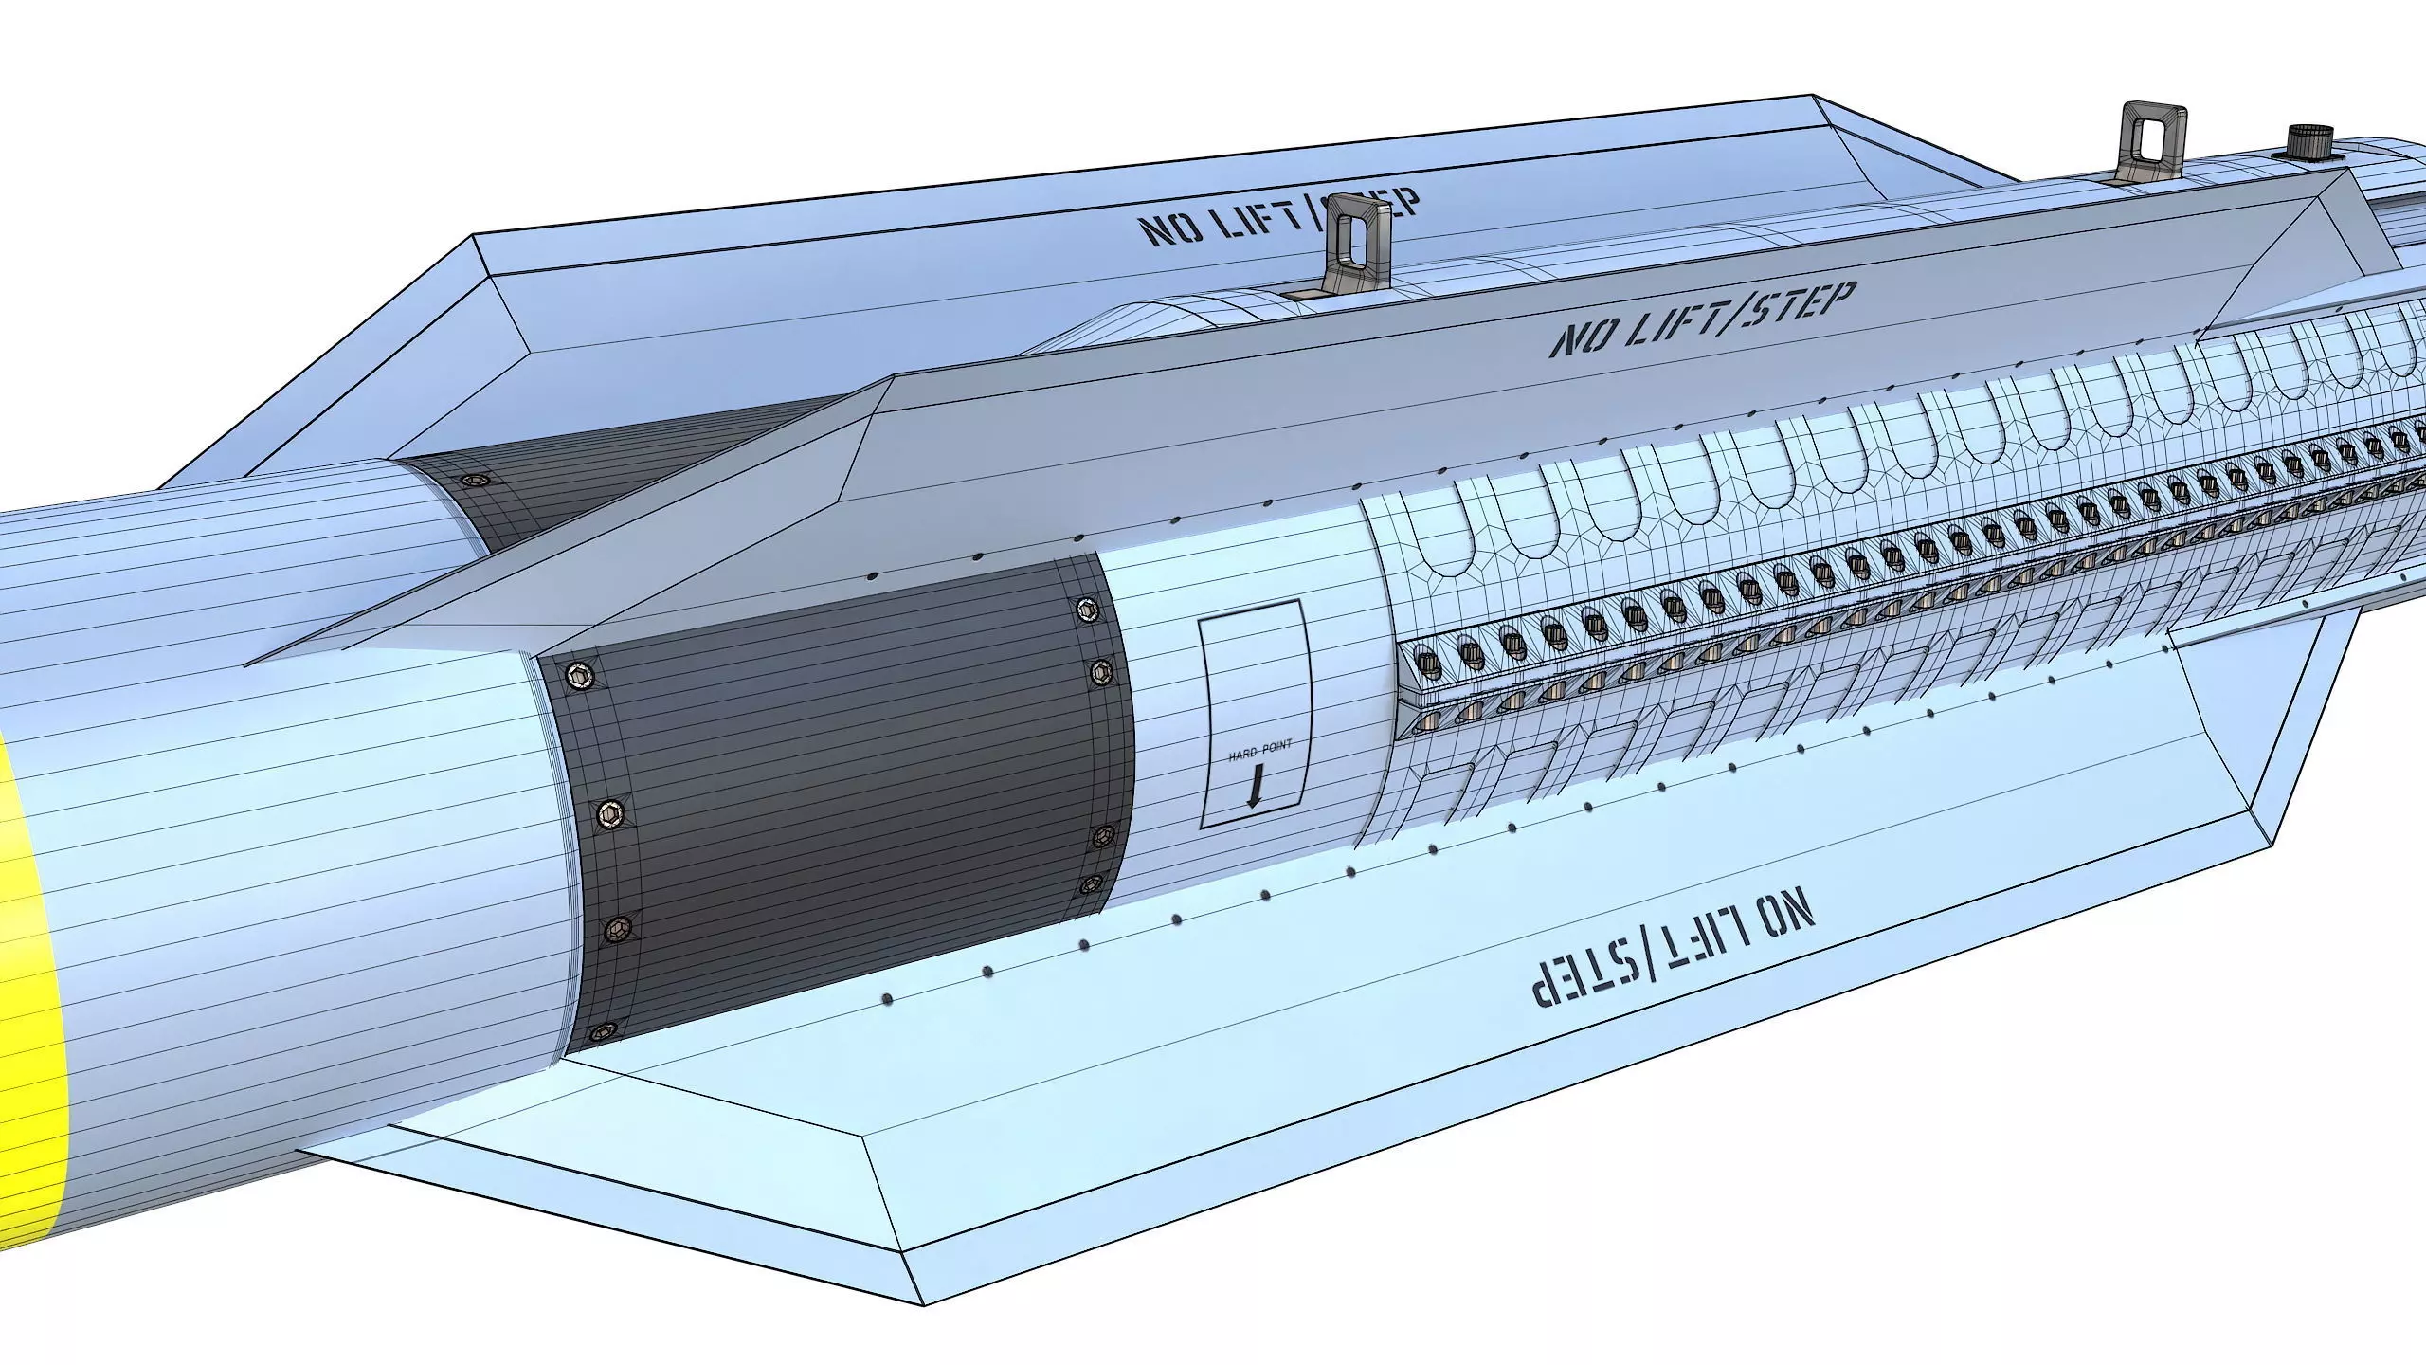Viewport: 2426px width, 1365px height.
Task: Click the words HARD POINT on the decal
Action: [1258, 755]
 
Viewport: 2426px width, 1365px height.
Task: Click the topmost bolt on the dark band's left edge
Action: [579, 675]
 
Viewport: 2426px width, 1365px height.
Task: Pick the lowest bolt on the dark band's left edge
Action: [601, 1032]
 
